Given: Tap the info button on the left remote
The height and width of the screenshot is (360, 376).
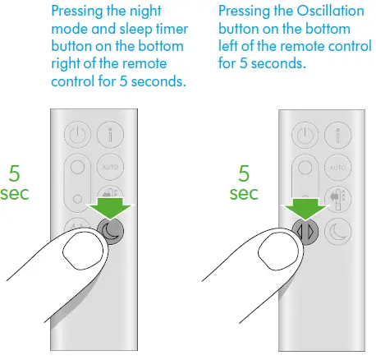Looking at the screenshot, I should (x=108, y=135).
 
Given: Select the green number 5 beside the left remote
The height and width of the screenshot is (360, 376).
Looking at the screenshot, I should (x=15, y=175).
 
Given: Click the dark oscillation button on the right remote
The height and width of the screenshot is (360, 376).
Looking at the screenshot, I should (x=303, y=231).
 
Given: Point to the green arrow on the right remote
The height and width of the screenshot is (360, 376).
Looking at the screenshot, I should (x=300, y=205).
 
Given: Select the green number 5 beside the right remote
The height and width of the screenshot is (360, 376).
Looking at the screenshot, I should (x=244, y=174).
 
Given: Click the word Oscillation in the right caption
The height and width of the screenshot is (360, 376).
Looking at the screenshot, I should (x=312, y=12).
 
